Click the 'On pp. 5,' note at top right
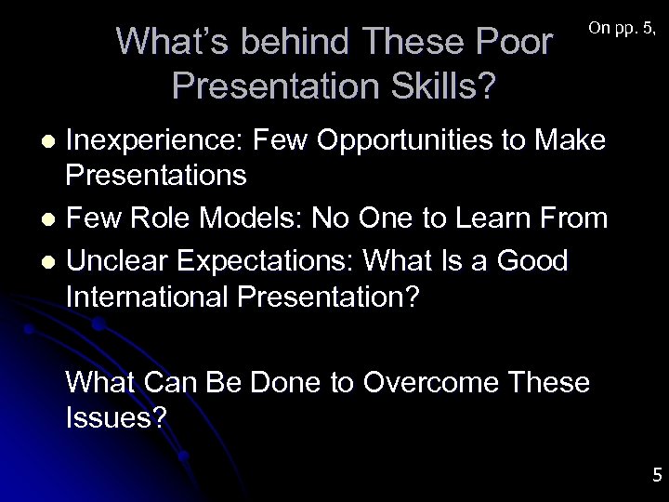pos(623,30)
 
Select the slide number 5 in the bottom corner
pos(657,476)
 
